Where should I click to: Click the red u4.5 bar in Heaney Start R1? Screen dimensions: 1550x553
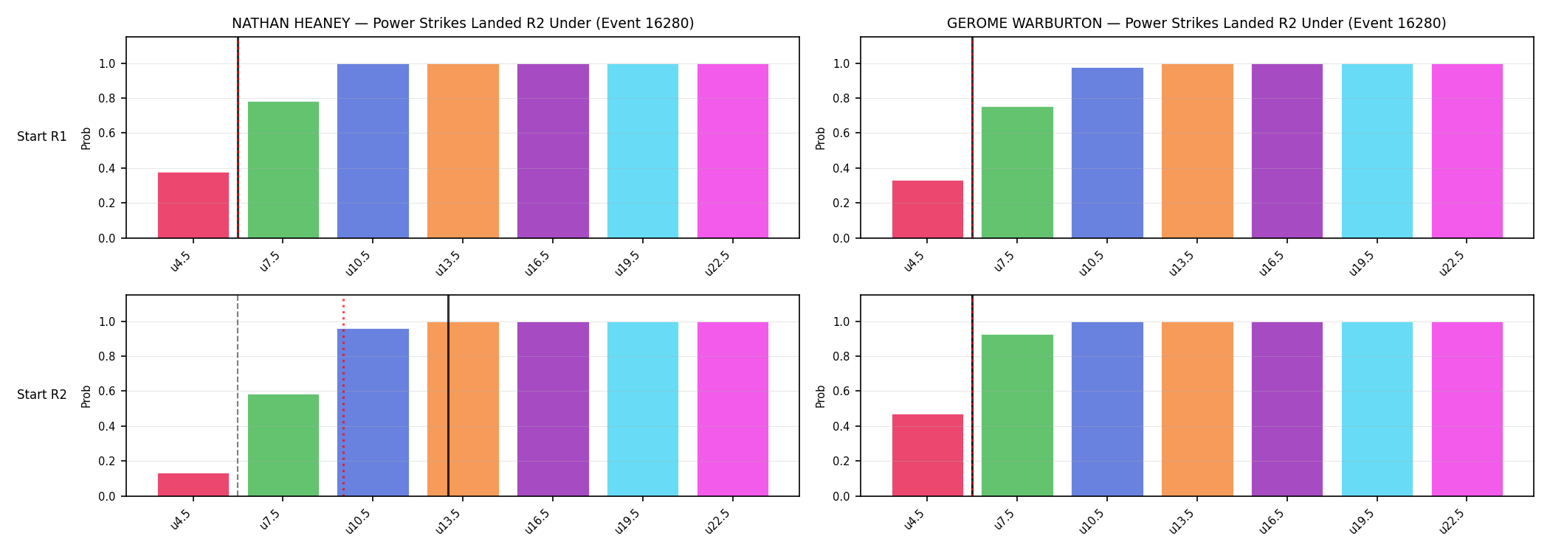tap(193, 205)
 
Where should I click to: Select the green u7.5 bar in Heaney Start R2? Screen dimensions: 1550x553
tap(283, 445)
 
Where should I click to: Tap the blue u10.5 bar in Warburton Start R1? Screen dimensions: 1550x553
tap(1107, 153)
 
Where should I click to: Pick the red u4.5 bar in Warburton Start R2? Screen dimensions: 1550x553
tap(928, 455)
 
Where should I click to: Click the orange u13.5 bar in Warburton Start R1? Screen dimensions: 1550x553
tap(1197, 151)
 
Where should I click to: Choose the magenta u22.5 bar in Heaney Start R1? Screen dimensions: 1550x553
tap(733, 151)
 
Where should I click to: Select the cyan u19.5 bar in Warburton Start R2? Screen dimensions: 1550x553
tap(1377, 409)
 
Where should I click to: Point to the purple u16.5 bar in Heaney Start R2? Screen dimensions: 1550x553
tap(553, 409)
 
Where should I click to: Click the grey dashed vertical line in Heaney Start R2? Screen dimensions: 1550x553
tap(238, 395)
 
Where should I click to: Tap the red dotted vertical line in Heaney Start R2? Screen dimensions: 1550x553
tap(343, 397)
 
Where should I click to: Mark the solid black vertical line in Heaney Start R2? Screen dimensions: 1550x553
tap(448, 395)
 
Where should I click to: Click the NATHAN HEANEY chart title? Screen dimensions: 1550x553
tap(463, 24)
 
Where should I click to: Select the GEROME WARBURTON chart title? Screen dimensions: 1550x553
tap(1196, 24)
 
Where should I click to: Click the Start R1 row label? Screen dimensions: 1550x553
tap(42, 137)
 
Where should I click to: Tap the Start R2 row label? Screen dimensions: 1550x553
tap(42, 395)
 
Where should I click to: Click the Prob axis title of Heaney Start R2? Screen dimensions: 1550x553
tap(86, 396)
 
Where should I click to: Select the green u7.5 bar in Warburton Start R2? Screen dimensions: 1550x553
tap(1017, 416)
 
